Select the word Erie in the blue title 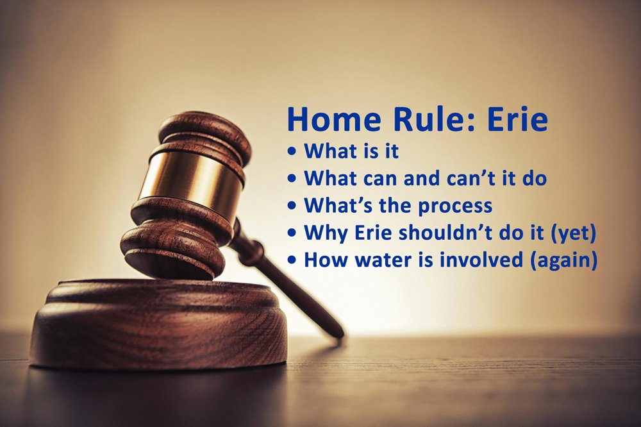516,120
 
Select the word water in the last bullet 381,260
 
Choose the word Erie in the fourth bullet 371,233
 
